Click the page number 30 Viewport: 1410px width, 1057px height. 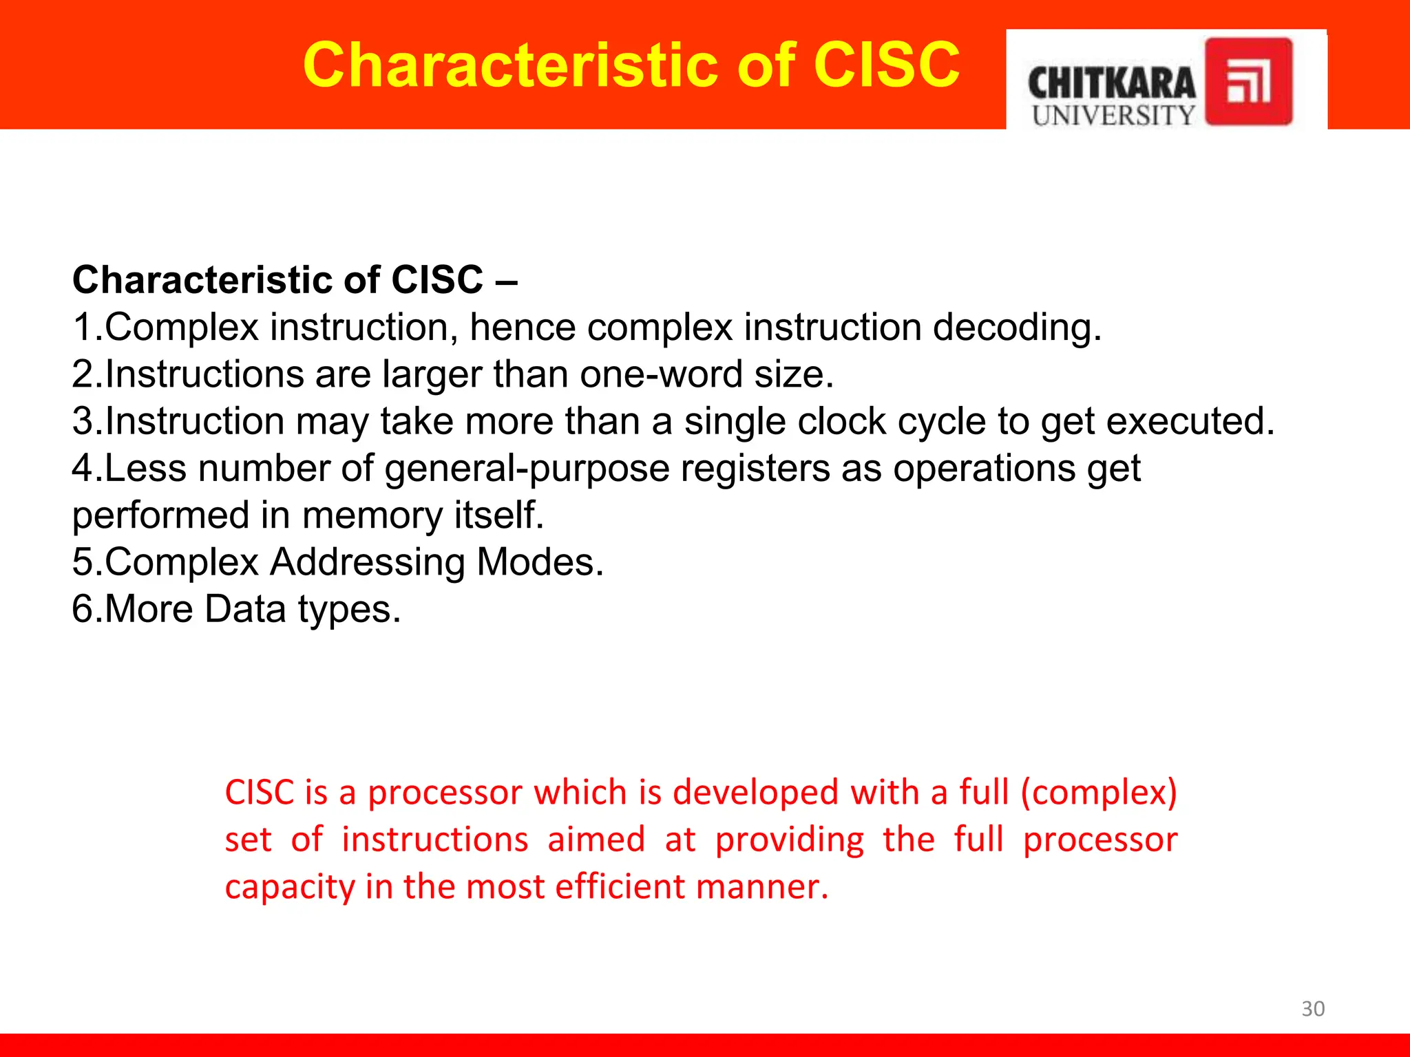click(x=1312, y=1008)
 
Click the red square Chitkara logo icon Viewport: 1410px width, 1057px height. click(x=1248, y=82)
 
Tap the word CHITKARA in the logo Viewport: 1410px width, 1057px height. click(x=1111, y=84)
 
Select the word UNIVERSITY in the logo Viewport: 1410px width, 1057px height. click(x=1113, y=116)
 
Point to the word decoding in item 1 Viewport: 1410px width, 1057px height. click(x=1016, y=327)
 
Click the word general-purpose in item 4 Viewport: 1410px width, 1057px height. click(x=527, y=469)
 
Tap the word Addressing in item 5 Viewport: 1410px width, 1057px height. click(x=368, y=562)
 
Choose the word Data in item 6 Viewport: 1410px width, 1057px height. click(x=244, y=609)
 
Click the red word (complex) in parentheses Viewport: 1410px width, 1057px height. click(x=1098, y=792)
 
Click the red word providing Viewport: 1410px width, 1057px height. click(x=789, y=840)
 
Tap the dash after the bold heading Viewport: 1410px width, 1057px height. click(x=506, y=281)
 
